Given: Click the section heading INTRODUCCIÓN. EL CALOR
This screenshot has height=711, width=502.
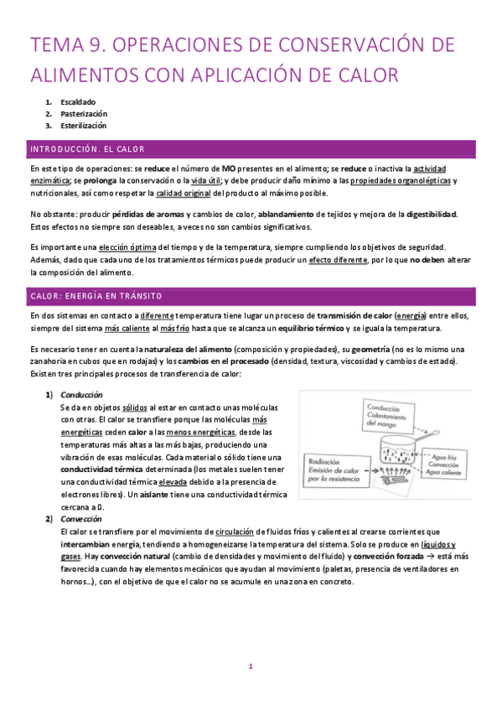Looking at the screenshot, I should click(x=87, y=149).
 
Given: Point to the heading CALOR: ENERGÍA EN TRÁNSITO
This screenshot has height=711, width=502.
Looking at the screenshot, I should click(x=96, y=297).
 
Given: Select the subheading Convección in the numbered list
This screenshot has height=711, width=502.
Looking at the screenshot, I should click(x=81, y=519).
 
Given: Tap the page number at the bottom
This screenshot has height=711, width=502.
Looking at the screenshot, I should click(x=250, y=667).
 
